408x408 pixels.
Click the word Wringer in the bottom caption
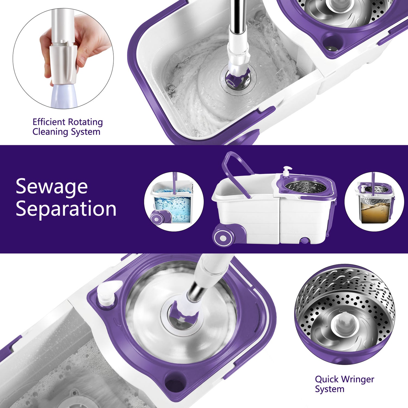tap(358, 379)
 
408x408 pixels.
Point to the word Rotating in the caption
tap(85, 122)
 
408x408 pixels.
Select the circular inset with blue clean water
tap(174, 202)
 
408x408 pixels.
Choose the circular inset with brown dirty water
tap(375, 202)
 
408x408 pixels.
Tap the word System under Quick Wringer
tap(330, 389)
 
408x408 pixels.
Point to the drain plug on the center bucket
tap(305, 240)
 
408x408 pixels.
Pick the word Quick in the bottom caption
tap(327, 379)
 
